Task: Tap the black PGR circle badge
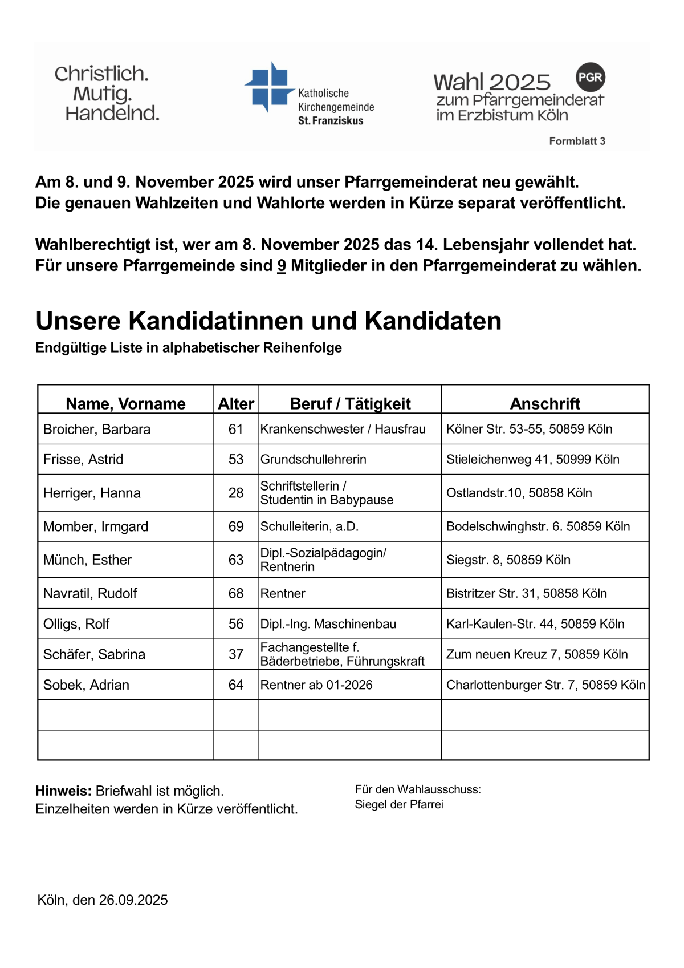pos(590,77)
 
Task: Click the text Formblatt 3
pos(577,141)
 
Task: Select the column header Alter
pos(236,404)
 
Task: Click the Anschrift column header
pos(545,404)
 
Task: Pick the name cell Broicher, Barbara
pos(97,429)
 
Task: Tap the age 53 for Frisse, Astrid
pos(236,459)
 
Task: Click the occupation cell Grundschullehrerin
pos(313,459)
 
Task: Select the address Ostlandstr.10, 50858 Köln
pos(519,493)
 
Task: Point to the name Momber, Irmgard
pos(96,526)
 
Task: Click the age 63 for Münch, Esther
pos(236,560)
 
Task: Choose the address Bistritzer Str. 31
pos(526,593)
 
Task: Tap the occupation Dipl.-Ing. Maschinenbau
pos(328,624)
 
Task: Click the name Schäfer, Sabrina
pos(94,654)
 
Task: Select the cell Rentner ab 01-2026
pos(316,685)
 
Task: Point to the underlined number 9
pos(282,266)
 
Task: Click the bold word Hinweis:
pos(63,791)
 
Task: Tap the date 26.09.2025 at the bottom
pos(133,900)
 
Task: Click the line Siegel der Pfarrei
pos(399,804)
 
